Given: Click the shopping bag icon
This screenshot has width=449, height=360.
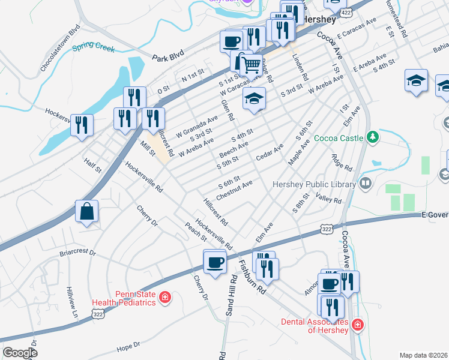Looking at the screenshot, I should (x=87, y=211).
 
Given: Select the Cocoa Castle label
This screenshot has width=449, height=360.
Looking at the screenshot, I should (x=339, y=138).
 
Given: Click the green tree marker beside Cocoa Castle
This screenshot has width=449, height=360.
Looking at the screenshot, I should (x=372, y=137).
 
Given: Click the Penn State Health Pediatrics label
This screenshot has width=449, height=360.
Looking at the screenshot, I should (x=124, y=299).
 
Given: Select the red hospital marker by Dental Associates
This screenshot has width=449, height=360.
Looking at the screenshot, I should (x=357, y=325).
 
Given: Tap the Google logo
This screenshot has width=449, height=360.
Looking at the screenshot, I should (x=20, y=353).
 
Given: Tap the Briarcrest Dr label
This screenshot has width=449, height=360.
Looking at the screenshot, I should (x=77, y=253).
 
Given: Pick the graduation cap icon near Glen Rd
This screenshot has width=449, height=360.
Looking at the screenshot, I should (x=254, y=98).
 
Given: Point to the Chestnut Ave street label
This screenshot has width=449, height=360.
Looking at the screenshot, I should (x=235, y=190).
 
